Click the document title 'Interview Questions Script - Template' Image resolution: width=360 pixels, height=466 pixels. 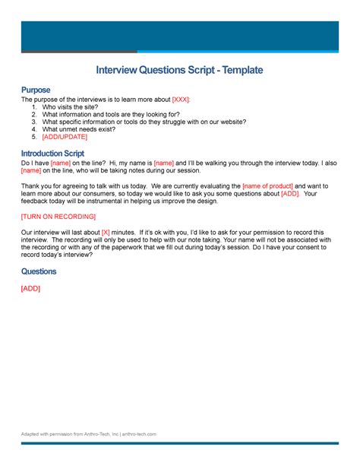click(179, 71)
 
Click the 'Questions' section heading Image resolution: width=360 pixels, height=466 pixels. click(39, 271)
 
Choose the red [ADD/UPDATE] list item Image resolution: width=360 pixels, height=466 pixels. click(65, 137)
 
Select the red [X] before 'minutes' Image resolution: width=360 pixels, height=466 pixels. click(106, 232)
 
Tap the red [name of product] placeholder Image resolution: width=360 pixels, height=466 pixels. click(267, 186)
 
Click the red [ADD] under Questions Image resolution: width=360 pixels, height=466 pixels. click(30, 288)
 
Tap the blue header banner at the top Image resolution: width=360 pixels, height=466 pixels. click(179, 36)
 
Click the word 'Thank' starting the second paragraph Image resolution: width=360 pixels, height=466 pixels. click(31, 186)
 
